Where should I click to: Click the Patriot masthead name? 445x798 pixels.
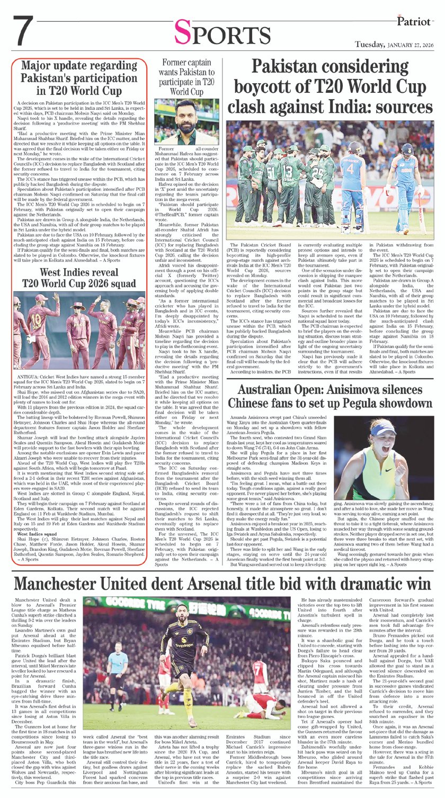(x=417, y=22)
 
